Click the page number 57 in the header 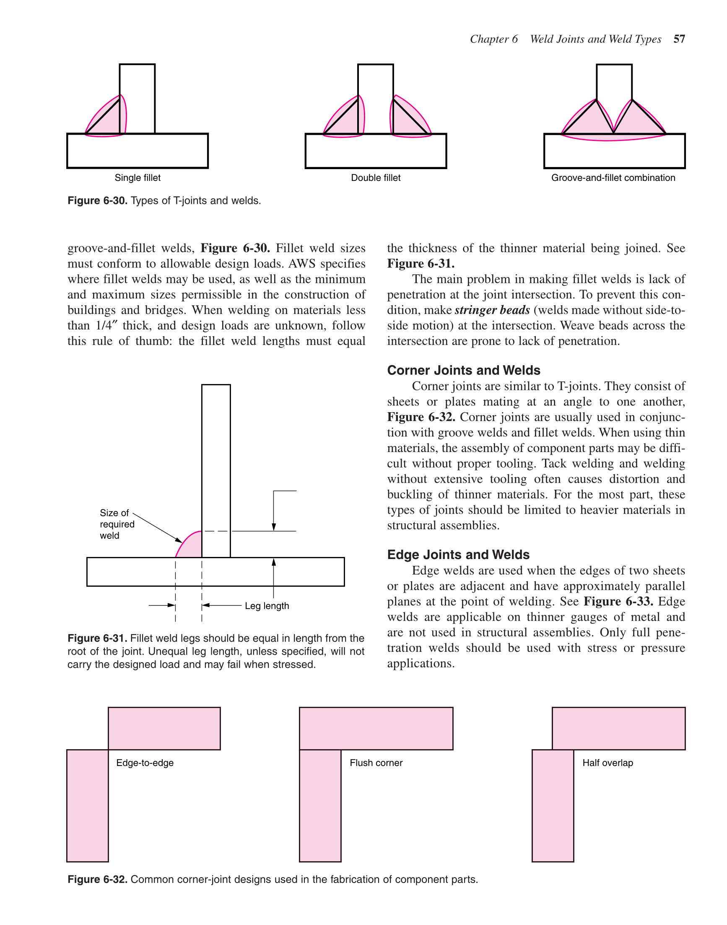(x=679, y=39)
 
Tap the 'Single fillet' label (x=138, y=178)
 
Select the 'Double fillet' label (x=375, y=178)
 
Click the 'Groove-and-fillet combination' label (x=613, y=178)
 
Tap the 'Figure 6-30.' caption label (x=97, y=201)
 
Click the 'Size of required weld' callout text (x=117, y=524)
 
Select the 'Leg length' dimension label (x=267, y=606)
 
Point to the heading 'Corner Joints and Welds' (x=464, y=370)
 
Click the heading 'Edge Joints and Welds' (x=458, y=555)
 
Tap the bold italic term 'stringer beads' (x=492, y=310)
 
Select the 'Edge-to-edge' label (x=145, y=763)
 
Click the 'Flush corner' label (x=376, y=763)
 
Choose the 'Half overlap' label (x=608, y=763)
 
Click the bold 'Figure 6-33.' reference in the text (x=618, y=601)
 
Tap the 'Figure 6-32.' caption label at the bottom (x=97, y=879)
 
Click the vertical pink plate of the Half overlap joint (x=553, y=805)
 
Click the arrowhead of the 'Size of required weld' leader (x=179, y=540)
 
